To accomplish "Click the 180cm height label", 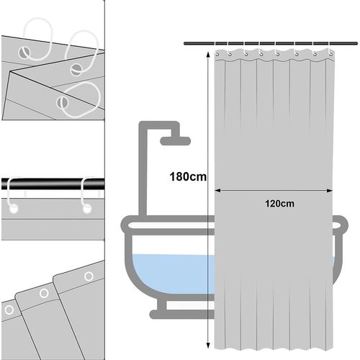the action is click(188, 177).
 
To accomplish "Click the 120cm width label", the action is click(279, 204).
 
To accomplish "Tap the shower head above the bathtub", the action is click(175, 141).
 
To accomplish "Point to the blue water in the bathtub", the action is click(173, 274).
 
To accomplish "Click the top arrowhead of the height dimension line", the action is click(208, 55).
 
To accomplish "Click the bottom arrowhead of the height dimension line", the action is click(208, 346).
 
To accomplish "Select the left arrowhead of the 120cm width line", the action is click(217, 191).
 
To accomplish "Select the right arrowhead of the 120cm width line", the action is click(330, 191).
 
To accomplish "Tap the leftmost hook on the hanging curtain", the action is click(217, 54).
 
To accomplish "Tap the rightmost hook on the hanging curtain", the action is click(331, 53).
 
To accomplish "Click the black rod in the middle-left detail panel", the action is click(53, 184).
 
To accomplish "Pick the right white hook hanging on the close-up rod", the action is click(86, 197).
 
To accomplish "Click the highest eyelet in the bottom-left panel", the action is click(89, 276).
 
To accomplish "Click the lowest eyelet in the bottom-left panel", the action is click(9, 310).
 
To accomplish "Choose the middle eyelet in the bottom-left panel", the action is click(44, 293).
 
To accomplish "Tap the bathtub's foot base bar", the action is click(182, 315).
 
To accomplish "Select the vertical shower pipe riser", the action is click(143, 171).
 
